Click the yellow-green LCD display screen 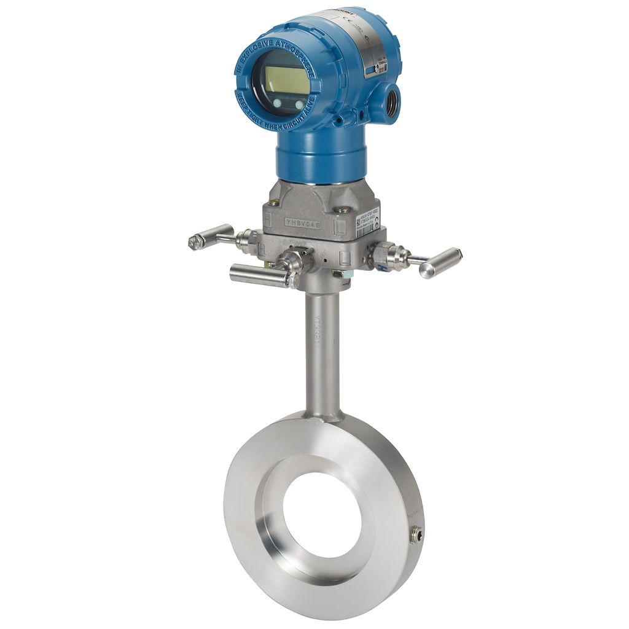286,80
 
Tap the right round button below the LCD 299,106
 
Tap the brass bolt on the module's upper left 274,202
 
